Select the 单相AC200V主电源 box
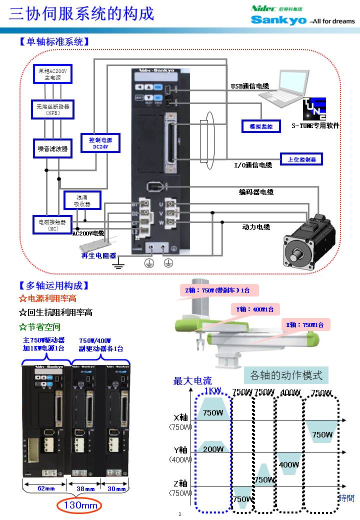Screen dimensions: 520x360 (52, 74)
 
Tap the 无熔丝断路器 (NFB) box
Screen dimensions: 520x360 (52, 109)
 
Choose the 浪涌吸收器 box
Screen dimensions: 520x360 (82, 200)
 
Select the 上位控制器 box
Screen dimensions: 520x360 (301, 159)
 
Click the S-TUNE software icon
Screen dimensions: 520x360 (314, 108)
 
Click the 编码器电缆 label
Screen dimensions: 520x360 (255, 191)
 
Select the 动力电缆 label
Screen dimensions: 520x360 (256, 227)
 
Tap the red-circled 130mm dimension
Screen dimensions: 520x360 (79, 505)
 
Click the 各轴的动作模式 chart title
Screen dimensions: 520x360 (286, 374)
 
